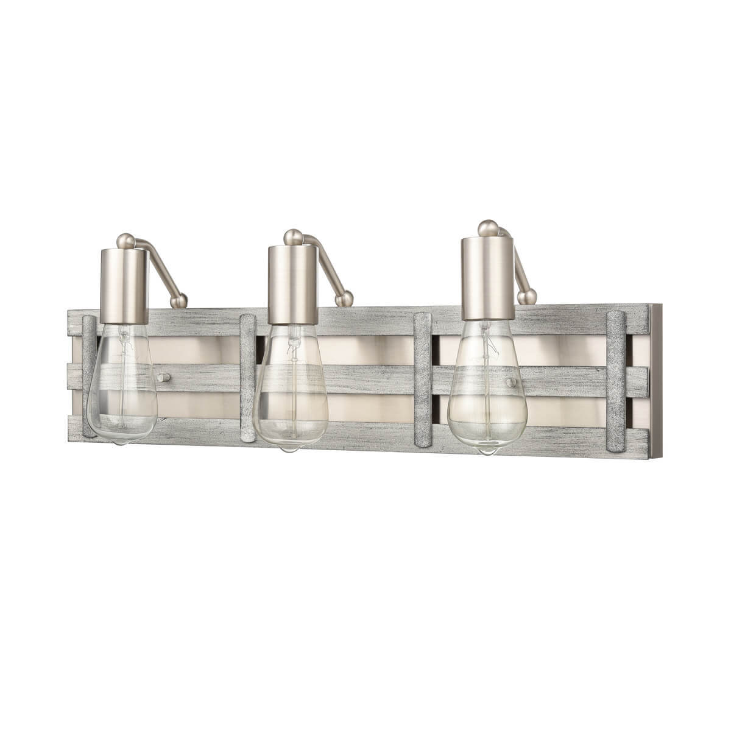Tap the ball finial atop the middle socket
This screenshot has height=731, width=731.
[293, 236]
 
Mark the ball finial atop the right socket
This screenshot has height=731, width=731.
[487, 228]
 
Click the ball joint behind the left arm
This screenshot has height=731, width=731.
[178, 301]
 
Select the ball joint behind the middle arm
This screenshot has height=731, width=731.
[345, 298]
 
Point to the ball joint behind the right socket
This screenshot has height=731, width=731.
[527, 297]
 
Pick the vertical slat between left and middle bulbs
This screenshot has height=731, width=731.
[248, 378]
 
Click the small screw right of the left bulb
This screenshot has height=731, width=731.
[162, 378]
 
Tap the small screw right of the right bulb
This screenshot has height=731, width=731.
[510, 382]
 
